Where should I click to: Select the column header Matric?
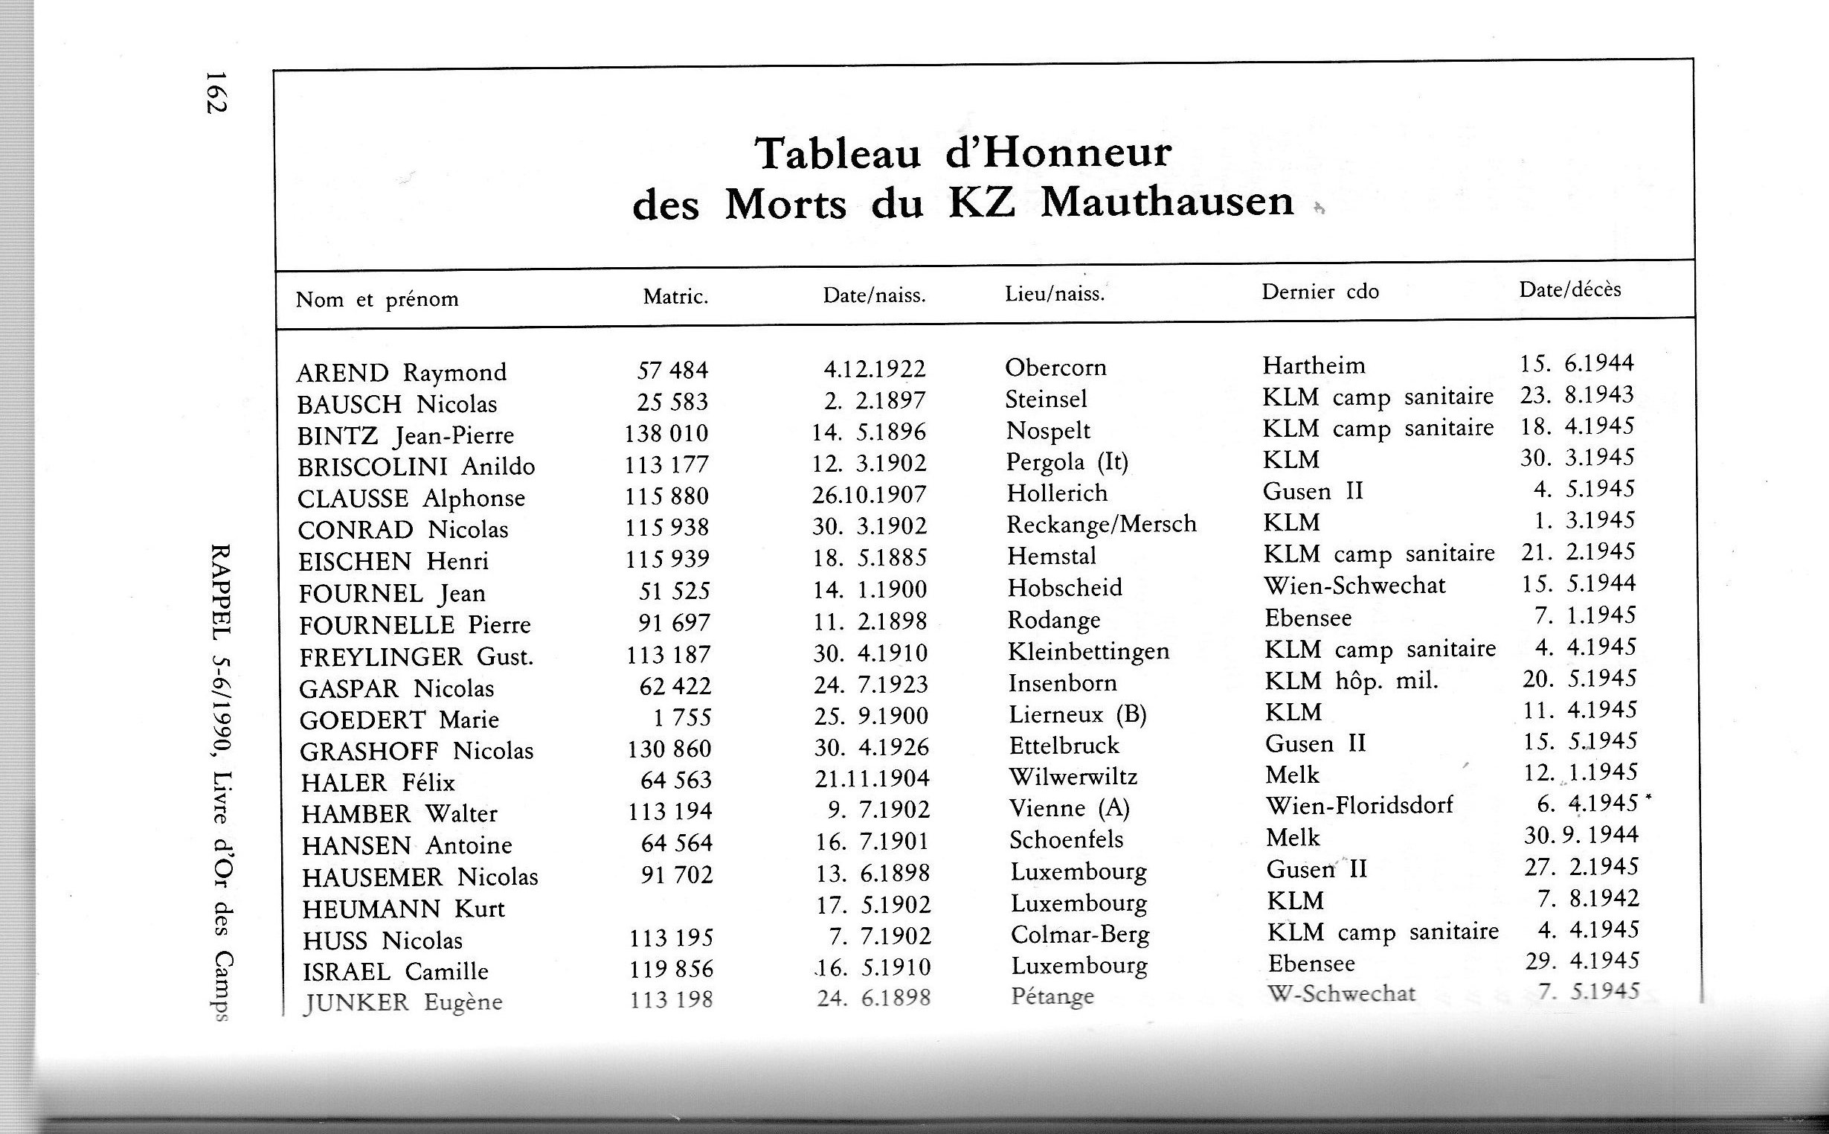click(x=675, y=298)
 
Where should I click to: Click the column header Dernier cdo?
click(x=1320, y=292)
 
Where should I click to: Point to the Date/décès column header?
click(x=1569, y=289)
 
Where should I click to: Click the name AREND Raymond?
click(x=401, y=373)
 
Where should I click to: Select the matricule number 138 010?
click(x=666, y=434)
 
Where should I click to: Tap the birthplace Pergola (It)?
click(x=1067, y=461)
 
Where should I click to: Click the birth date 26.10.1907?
click(x=870, y=494)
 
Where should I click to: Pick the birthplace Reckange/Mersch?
click(x=1101, y=525)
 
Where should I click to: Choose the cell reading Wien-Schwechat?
click(x=1354, y=585)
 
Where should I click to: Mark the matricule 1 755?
click(x=681, y=718)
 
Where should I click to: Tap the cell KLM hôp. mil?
click(x=1351, y=681)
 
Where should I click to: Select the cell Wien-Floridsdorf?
click(x=1359, y=806)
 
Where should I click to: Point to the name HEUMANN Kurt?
click(x=403, y=909)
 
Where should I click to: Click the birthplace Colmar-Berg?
click(x=1079, y=935)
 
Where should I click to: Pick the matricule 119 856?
click(x=672, y=969)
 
